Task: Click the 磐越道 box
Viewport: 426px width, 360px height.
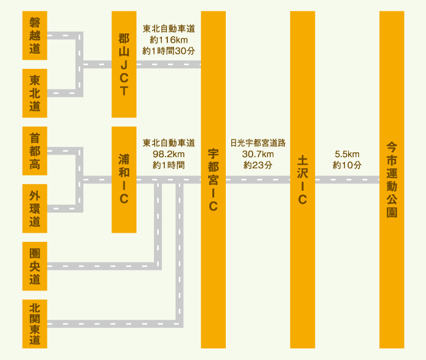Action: pyautogui.click(x=35, y=35)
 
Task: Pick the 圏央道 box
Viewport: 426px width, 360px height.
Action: pyautogui.click(x=35, y=266)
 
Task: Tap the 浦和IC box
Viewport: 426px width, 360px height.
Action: pyautogui.click(x=124, y=180)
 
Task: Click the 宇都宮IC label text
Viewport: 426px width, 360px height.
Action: pyautogui.click(x=213, y=180)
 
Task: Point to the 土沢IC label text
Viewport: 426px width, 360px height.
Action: pyautogui.click(x=302, y=180)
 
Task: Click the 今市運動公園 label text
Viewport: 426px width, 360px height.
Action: pyautogui.click(x=391, y=180)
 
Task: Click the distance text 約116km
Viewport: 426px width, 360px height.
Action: pyautogui.click(x=169, y=40)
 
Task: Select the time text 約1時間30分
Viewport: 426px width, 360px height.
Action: pyautogui.click(x=169, y=51)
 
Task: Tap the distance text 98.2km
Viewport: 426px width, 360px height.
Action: pyautogui.click(x=169, y=154)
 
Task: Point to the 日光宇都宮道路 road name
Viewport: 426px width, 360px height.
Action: pyautogui.click(x=257, y=143)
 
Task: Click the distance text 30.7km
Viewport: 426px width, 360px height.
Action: pyautogui.click(x=257, y=154)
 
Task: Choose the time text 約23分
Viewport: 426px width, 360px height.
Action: pyautogui.click(x=257, y=165)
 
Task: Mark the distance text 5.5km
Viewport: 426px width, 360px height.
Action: pyautogui.click(x=347, y=154)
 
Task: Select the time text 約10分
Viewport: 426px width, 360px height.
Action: pyautogui.click(x=347, y=165)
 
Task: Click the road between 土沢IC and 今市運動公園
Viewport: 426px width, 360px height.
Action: pyautogui.click(x=347, y=180)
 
